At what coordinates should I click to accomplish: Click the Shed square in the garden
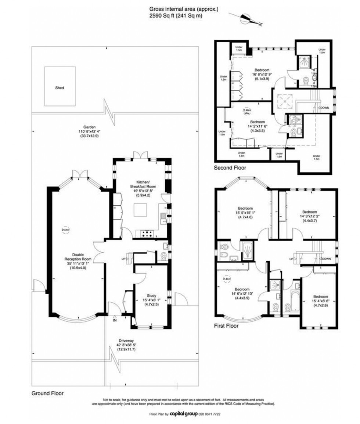tap(59, 85)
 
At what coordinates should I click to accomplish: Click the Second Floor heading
tap(230, 168)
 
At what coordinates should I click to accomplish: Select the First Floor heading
tap(226, 326)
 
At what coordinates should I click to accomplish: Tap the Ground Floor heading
tap(47, 393)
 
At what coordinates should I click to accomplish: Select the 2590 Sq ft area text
tap(176, 16)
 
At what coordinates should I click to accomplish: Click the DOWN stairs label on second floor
tap(325, 108)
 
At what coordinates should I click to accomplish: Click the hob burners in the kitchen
tap(147, 233)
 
